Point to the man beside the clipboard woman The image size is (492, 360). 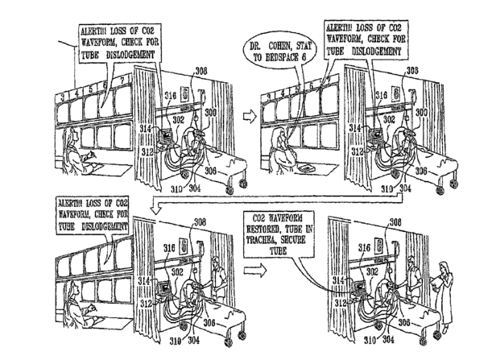click(413, 278)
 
